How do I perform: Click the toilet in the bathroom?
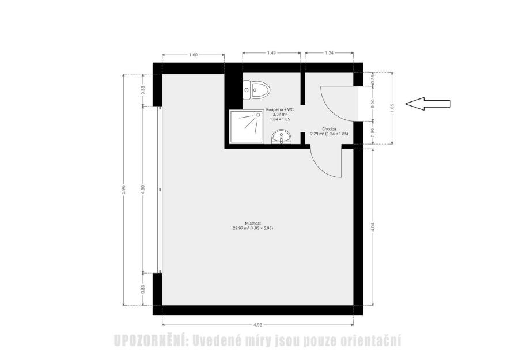point(256,90)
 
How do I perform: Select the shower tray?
point(247,127)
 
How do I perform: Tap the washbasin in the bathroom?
point(281,137)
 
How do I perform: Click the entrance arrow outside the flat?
point(427,104)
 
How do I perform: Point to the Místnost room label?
point(253,223)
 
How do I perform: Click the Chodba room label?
point(329,129)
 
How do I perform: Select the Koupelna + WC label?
point(280,109)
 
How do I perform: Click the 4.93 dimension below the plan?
point(258,325)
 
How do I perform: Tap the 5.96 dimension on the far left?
point(123,190)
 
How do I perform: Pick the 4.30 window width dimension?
point(143,190)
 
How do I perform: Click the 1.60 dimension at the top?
point(194,55)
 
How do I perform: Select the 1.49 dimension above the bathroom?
point(271,52)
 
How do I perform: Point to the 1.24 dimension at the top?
point(329,52)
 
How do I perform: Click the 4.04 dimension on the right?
point(373,227)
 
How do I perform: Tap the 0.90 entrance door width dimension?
point(373,104)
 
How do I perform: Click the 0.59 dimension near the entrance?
point(373,132)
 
